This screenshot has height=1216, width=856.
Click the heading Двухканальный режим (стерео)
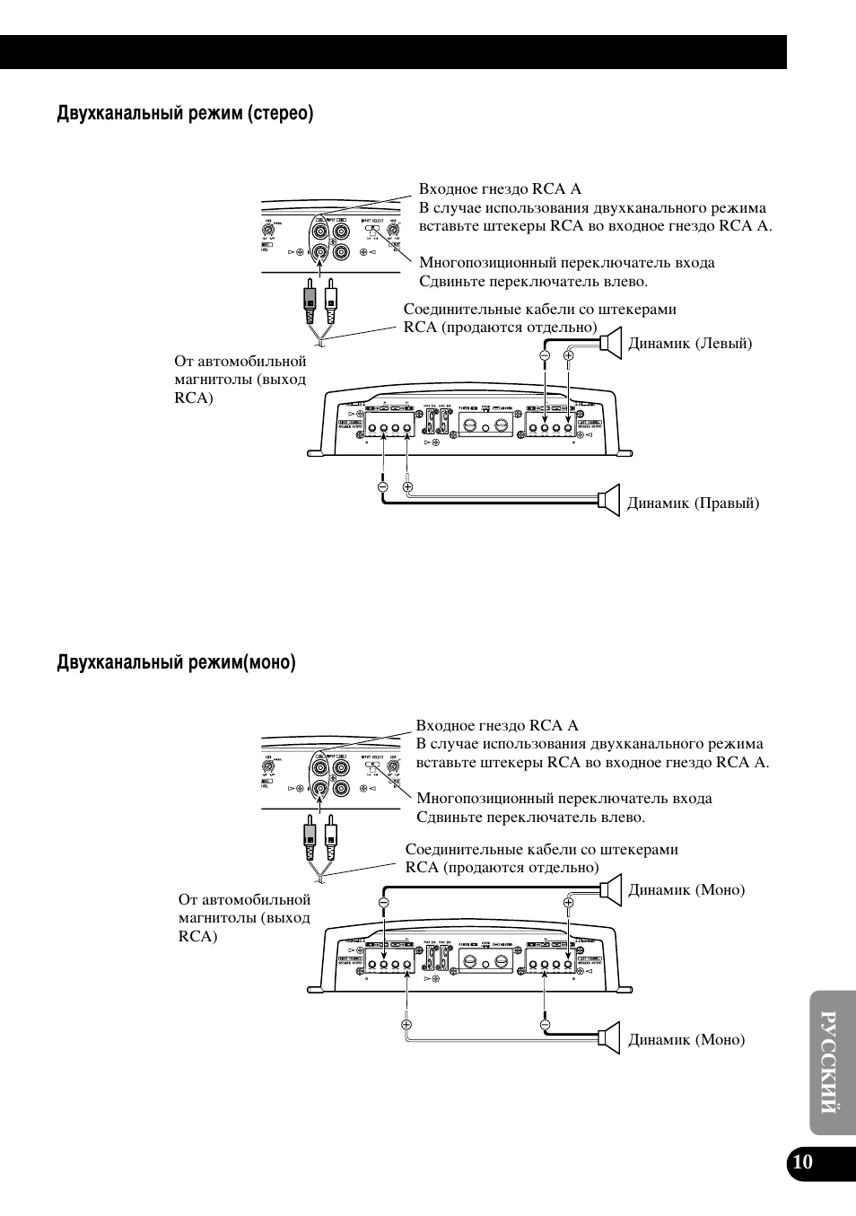click(x=185, y=114)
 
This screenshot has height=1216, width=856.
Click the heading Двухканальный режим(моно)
click(x=176, y=663)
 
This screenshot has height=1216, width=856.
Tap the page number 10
click(x=802, y=1163)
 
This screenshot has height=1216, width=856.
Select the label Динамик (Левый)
click(x=690, y=344)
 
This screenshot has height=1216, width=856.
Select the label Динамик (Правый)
click(x=693, y=503)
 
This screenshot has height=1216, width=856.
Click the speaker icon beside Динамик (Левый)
click(x=611, y=343)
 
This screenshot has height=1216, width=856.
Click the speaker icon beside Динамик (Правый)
click(x=610, y=500)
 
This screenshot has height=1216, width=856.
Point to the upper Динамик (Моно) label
click(x=686, y=890)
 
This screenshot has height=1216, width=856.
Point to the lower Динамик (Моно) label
click(x=686, y=1040)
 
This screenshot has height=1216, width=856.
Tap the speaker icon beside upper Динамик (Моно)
click(x=610, y=888)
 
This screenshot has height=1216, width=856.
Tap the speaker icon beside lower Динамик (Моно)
click(x=610, y=1037)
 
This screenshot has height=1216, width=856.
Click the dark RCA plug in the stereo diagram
click(x=310, y=303)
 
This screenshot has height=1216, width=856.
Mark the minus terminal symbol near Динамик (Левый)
click(x=545, y=356)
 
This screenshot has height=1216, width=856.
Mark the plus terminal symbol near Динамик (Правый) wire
click(x=408, y=487)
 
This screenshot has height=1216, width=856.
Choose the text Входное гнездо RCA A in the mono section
click(x=497, y=725)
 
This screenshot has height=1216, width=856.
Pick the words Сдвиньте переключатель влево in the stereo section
click(x=533, y=282)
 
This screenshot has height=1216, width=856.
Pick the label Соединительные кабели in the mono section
click(x=541, y=849)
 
